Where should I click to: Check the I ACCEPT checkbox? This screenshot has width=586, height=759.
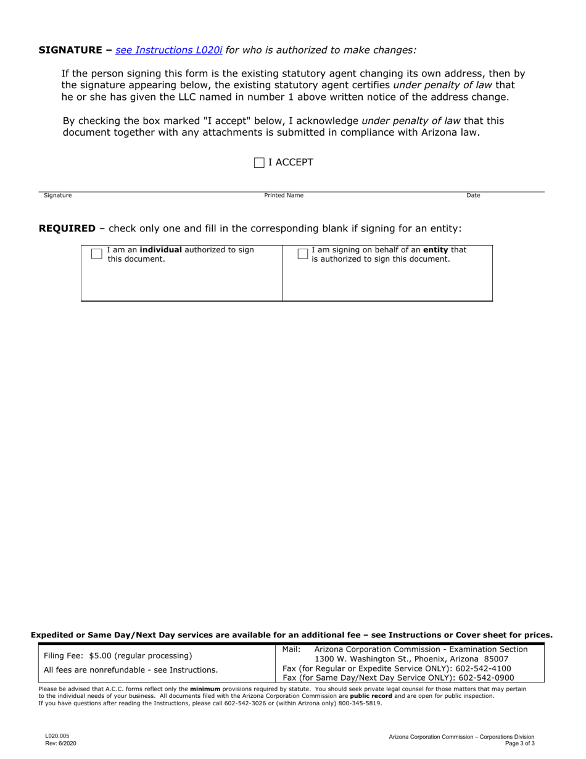coord(259,163)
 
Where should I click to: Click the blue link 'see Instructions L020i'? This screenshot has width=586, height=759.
coord(169,50)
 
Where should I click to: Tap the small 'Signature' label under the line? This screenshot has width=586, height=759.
coord(57,196)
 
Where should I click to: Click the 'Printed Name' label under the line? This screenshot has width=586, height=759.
coord(284,196)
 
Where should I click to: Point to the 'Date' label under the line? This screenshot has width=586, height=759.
coord(473,196)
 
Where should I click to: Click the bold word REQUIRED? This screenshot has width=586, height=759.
coord(67,228)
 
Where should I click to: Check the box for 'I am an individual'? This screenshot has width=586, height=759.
coord(97,254)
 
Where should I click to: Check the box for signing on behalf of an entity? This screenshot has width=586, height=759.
coord(303,254)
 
